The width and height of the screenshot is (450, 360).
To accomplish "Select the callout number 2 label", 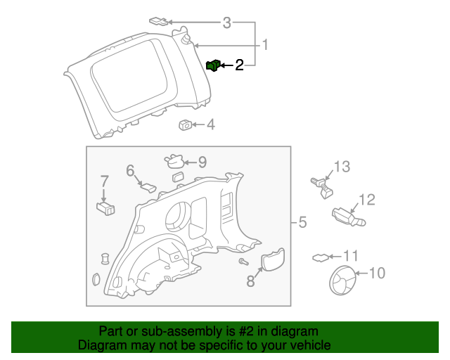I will coord(239,65).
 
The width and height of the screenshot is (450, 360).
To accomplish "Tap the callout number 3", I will coord(226,24).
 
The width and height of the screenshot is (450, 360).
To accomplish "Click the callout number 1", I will coord(265,46).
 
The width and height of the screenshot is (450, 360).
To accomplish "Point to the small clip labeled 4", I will coord(186,125).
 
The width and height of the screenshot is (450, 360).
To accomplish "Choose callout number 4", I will coord(210,125).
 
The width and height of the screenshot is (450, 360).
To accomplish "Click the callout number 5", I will coord(302,223).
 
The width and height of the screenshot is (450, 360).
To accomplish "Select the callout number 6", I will coord(130,170).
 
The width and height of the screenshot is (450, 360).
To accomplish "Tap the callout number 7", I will coord(104,181).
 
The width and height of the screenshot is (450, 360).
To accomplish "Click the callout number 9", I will coord(202,162).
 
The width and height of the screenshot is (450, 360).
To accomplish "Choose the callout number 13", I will coord(341,167).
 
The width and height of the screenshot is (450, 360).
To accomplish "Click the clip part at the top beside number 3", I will coord(159,21).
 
